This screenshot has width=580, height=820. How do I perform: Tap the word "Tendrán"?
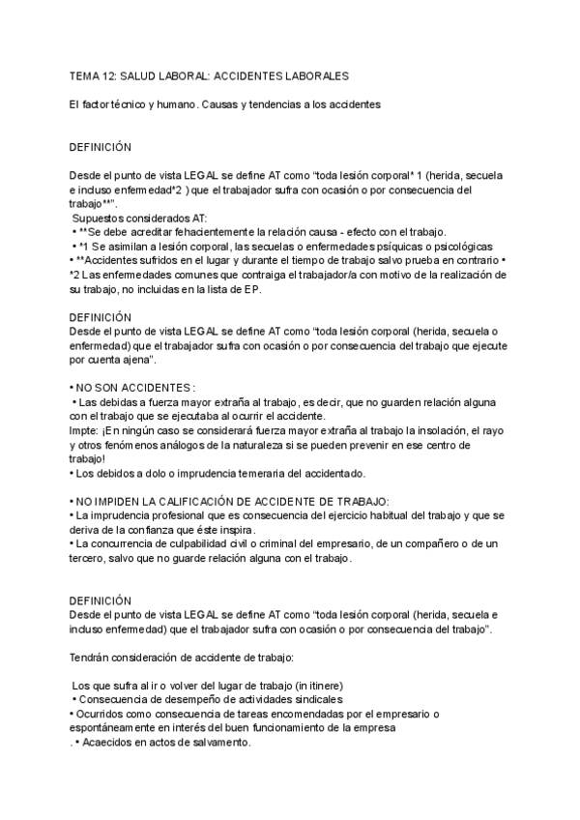pyautogui.click(x=93, y=658)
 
